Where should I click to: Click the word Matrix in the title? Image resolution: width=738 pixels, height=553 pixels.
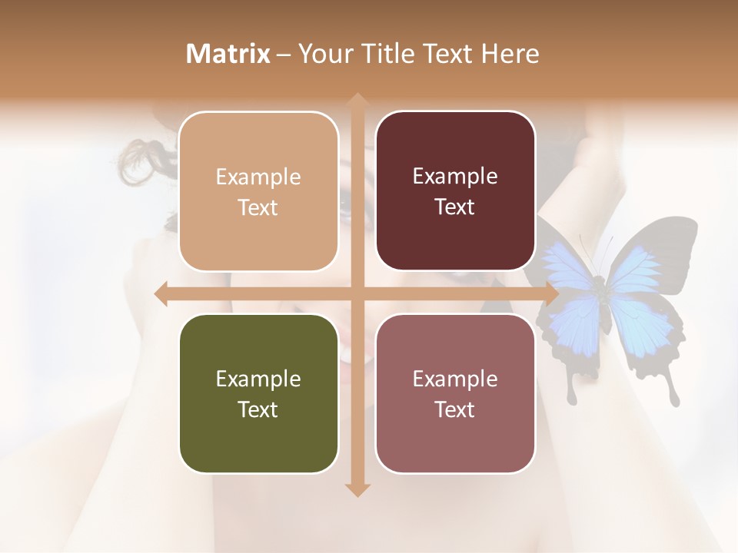click(228, 54)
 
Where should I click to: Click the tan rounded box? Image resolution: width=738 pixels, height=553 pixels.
click(258, 191)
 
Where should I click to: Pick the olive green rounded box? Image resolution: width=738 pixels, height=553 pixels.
click(258, 393)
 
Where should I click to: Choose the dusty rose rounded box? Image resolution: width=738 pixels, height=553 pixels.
click(455, 393)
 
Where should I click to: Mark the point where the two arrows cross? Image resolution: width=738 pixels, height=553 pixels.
click(357, 293)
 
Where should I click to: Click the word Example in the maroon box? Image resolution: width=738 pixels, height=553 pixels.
click(455, 177)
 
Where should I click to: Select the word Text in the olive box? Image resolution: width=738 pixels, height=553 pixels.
click(258, 409)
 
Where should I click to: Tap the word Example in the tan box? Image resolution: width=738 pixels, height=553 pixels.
click(258, 177)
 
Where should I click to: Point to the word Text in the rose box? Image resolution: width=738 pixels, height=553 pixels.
click(455, 409)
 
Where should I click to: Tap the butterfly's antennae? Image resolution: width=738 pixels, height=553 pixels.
click(596, 246)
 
